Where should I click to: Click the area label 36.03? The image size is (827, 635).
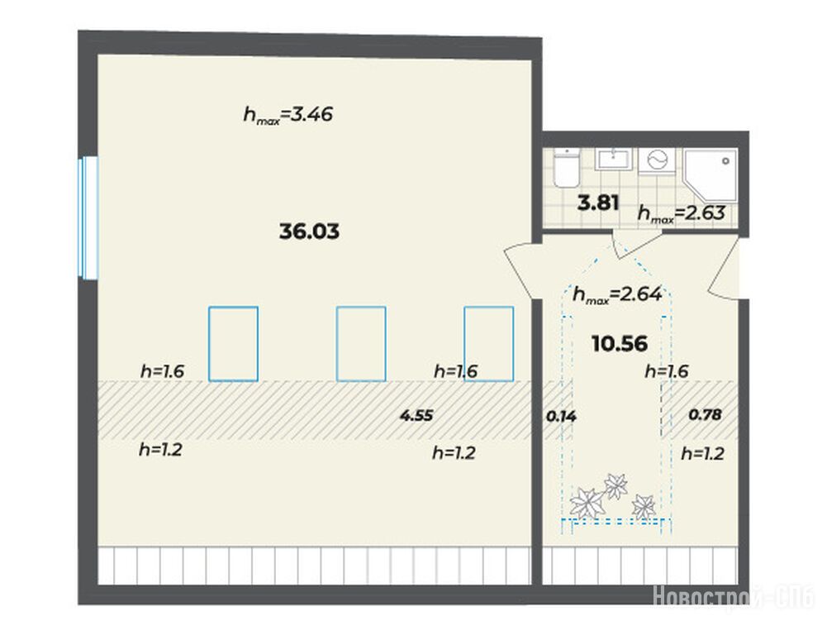tap(309, 232)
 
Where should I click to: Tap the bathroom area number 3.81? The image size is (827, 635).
tap(598, 203)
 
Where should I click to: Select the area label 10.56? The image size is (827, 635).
tap(620, 344)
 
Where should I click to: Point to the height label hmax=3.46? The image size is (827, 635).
tap(288, 115)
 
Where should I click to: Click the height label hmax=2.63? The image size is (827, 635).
tap(682, 213)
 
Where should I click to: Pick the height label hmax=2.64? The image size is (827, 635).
tap(617, 294)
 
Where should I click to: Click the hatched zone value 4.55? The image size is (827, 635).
tap(416, 416)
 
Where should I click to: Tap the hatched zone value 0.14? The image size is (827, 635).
tap(561, 417)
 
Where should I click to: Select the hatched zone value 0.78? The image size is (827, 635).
tap(706, 415)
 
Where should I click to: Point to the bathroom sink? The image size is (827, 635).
tap(613, 160)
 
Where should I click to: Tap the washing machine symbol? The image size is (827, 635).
tap(657, 160)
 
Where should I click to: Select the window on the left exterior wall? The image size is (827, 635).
tap(88, 217)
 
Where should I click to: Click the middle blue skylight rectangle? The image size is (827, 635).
tap(361, 344)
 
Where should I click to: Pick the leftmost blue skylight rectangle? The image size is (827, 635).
tap(233, 344)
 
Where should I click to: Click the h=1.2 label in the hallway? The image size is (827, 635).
tap(702, 453)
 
